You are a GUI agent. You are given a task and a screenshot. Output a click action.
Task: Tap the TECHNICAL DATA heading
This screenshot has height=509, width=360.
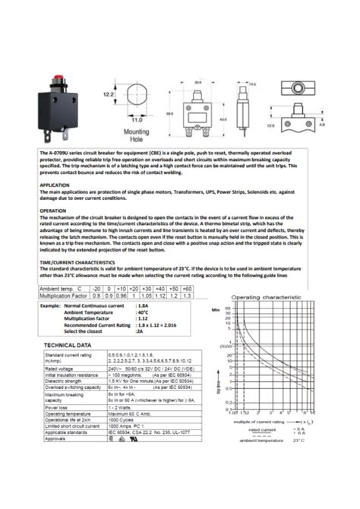tap(69, 346)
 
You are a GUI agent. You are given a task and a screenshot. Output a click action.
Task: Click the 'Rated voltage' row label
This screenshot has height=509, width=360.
tap(62, 368)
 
